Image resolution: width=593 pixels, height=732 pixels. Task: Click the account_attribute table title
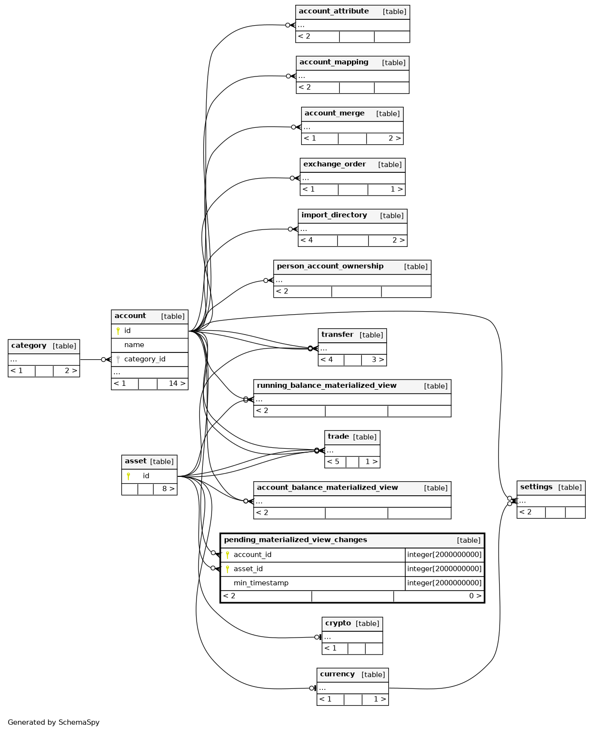(334, 11)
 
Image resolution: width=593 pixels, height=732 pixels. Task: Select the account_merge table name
(335, 113)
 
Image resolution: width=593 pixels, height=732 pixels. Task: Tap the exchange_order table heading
(335, 164)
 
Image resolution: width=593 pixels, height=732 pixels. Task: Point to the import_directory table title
(334, 215)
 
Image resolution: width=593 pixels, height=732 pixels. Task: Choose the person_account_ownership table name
(330, 266)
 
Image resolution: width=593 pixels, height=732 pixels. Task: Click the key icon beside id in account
(118, 331)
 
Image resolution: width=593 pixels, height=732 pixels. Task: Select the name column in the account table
(134, 345)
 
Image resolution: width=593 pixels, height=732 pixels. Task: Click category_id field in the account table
(145, 359)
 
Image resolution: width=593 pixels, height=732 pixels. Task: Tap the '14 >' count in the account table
(177, 383)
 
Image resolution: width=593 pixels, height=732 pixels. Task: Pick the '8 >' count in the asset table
(168, 488)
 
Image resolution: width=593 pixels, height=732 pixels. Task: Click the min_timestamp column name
(261, 583)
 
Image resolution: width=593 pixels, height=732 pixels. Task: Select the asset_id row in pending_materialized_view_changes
(352, 569)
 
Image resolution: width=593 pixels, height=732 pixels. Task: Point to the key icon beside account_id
(227, 555)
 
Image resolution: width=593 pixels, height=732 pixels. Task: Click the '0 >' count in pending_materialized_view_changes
(475, 595)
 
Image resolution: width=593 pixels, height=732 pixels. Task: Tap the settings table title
(536, 487)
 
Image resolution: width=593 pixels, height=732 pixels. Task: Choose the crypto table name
(338, 623)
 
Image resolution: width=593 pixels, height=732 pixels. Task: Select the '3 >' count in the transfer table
(378, 360)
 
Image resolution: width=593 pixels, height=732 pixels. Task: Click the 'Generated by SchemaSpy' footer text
(54, 722)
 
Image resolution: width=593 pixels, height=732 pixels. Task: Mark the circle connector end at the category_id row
(104, 360)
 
